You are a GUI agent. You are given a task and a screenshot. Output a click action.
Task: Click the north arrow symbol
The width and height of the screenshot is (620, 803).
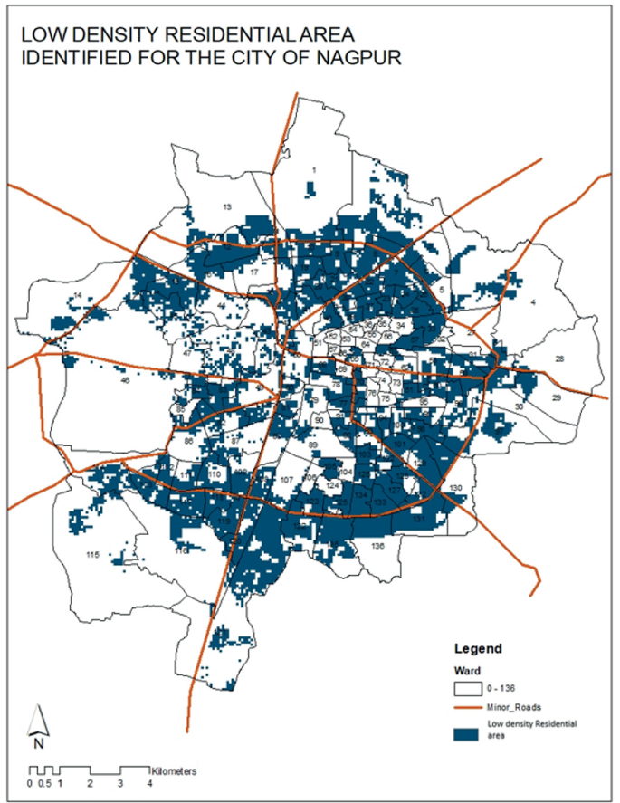(37, 725)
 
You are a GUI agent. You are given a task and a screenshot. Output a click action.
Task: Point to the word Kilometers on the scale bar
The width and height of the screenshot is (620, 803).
(176, 771)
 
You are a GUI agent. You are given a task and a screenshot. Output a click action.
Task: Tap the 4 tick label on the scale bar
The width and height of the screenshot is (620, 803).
(149, 783)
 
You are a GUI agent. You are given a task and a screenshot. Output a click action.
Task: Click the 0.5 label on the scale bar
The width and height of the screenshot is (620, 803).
(45, 783)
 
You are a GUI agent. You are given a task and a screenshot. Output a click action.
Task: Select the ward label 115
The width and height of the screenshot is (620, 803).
(91, 554)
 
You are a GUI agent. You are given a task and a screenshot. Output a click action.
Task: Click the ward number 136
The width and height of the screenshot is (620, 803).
(377, 546)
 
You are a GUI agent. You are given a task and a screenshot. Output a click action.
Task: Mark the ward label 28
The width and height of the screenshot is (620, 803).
(559, 359)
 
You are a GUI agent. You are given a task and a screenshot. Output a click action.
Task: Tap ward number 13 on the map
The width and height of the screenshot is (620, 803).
(228, 207)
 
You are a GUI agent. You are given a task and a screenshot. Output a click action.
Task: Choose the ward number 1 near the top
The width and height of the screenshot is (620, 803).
(313, 169)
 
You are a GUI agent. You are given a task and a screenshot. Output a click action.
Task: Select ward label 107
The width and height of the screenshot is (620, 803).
(287, 480)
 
